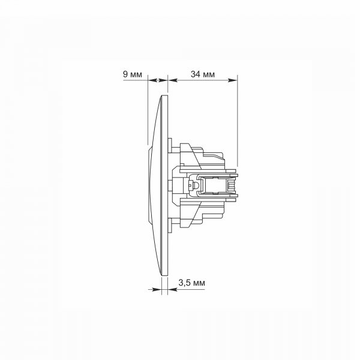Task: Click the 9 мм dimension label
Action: coord(133,74)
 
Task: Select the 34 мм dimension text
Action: coord(203,74)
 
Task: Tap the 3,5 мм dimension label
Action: coord(192,283)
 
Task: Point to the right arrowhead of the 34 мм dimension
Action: coord(232,80)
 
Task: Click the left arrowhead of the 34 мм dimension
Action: coord(173,80)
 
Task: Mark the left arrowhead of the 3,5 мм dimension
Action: coord(157,290)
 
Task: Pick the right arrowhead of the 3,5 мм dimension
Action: coord(172,290)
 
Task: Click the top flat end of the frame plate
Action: coord(164,95)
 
